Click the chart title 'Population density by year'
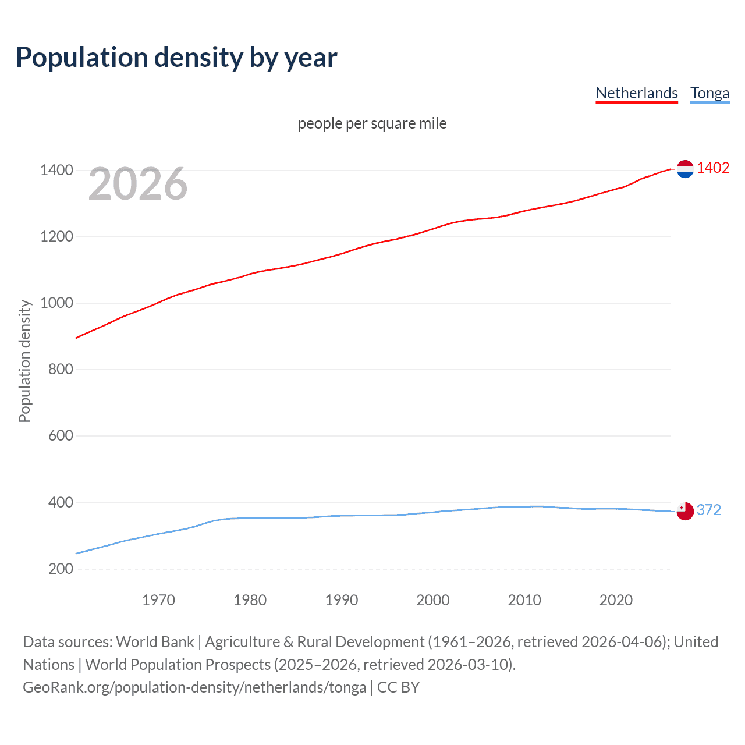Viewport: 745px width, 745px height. coord(176,58)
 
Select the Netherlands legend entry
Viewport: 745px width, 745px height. coord(637,93)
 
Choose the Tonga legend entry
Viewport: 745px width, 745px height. coord(709,93)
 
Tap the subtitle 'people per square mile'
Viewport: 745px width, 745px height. coord(372,123)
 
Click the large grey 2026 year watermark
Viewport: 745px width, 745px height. coord(138,184)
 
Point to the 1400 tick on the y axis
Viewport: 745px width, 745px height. coord(56,171)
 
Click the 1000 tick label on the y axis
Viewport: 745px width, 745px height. coord(56,303)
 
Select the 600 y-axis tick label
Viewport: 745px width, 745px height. coord(61,436)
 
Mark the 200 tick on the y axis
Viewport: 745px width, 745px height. coord(61,569)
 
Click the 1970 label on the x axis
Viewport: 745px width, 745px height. coord(158,600)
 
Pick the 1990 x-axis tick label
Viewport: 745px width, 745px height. coord(342,600)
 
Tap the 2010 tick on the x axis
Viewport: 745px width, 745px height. coord(524,600)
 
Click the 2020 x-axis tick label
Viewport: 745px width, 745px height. coord(616,600)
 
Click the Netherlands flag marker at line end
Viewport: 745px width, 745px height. coord(685,169)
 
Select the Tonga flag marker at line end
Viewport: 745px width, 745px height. coord(685,511)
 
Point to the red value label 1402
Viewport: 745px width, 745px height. coord(713,168)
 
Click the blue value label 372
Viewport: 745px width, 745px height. coord(708,510)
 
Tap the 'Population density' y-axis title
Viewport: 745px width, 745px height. coord(24,361)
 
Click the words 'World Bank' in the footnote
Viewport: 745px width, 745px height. coord(155,642)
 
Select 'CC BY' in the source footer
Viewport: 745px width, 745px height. coord(398,687)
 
